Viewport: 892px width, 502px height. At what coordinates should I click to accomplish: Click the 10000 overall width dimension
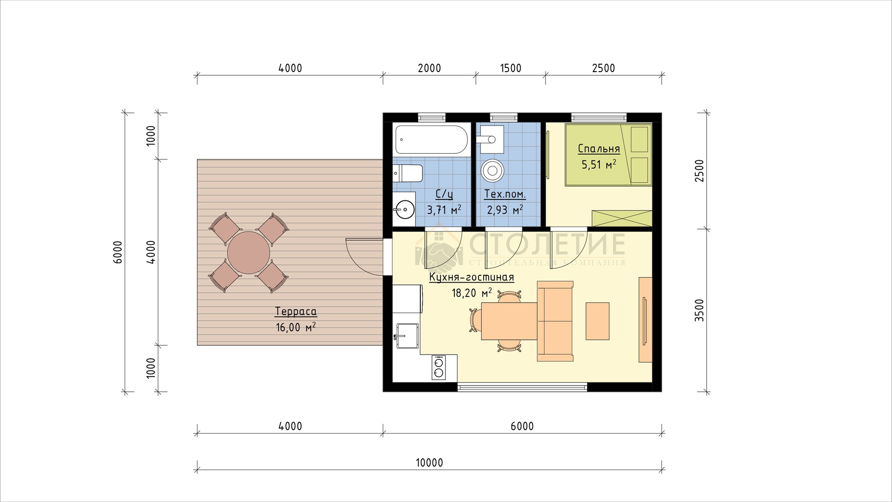429,463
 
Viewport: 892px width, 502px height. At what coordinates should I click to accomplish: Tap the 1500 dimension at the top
511,68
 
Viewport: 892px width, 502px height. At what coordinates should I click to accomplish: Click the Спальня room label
599,149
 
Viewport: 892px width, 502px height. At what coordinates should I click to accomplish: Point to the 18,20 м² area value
472,293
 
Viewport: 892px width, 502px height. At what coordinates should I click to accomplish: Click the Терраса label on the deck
296,311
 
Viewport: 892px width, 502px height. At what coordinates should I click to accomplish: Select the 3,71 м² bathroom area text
444,210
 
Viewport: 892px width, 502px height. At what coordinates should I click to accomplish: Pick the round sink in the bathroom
405,210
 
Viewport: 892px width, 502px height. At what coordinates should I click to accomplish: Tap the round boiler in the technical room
492,170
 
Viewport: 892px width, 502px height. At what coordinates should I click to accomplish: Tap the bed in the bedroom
609,155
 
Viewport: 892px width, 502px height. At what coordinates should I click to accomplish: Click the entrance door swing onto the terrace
365,256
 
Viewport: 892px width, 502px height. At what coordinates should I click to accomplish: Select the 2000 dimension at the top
429,68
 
